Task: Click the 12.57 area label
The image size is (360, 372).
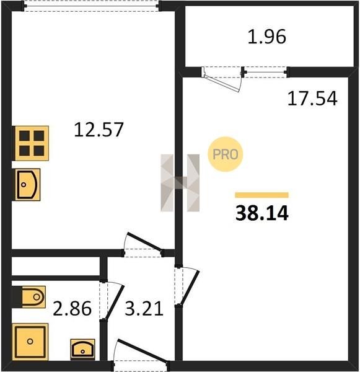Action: point(99,130)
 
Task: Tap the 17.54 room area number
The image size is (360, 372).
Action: point(312,98)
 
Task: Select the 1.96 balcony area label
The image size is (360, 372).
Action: point(267,37)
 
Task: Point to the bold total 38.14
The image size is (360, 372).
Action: point(262,213)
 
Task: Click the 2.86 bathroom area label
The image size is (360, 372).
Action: point(72,308)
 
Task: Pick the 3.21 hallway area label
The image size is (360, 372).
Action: point(144,308)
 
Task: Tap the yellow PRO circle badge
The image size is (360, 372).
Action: point(226,154)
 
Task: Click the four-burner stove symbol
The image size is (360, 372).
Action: point(32,143)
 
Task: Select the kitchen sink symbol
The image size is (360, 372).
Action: point(27,185)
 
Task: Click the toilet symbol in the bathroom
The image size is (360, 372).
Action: point(33,297)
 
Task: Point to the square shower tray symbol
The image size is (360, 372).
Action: point(30,342)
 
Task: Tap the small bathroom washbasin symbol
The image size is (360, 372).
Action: point(83,349)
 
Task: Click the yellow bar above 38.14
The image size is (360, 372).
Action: point(262,195)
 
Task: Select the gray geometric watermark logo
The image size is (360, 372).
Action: point(180,183)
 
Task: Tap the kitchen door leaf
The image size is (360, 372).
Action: point(144,241)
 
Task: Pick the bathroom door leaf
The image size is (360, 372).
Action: point(115,302)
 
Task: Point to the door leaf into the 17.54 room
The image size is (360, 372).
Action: point(190,288)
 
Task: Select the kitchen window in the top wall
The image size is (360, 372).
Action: point(91,6)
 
